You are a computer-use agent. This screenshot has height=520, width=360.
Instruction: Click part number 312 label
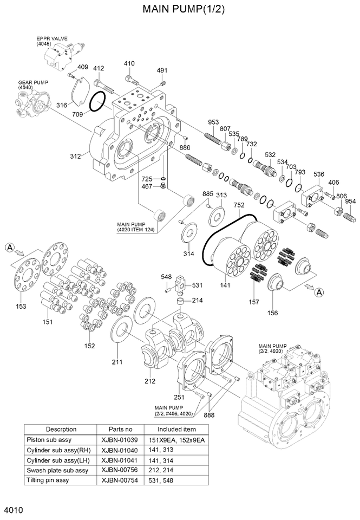tap(75, 156)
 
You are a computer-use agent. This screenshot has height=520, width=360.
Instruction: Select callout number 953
tap(213, 122)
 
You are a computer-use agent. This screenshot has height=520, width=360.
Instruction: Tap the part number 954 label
tap(350, 201)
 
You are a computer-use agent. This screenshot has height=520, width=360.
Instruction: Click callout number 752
tap(239, 205)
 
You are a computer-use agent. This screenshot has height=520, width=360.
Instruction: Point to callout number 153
tap(21, 307)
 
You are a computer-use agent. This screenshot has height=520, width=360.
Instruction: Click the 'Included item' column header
tap(180, 429)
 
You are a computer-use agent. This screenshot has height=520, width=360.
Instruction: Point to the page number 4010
tap(13, 511)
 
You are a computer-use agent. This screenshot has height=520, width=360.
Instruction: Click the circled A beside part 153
tap(9, 248)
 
